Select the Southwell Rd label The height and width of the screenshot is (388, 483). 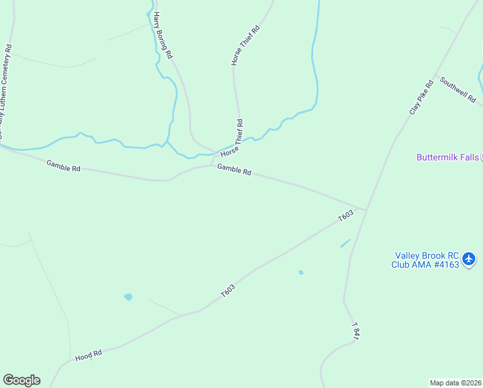click(458, 90)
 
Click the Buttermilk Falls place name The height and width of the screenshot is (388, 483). click(447, 157)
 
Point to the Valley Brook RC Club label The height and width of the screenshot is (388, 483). click(426, 259)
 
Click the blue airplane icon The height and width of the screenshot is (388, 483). click(469, 259)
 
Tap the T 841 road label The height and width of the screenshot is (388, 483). click(355, 331)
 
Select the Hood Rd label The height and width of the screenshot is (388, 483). click(88, 355)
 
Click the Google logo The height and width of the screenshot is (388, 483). click(21, 380)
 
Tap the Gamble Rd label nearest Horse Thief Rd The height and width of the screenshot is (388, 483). click(234, 169)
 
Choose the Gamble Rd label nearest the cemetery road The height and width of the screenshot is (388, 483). click(63, 166)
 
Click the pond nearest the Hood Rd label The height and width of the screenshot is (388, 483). click(128, 297)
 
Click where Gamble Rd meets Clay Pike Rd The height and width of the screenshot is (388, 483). click(366, 209)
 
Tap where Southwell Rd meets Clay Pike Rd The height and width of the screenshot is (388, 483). click(435, 76)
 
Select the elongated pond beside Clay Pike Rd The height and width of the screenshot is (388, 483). click(345, 244)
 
